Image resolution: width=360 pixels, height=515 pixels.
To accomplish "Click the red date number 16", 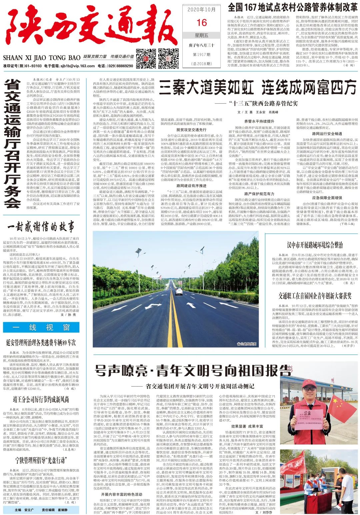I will tap(202, 22).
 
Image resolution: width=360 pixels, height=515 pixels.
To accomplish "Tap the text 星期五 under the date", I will tap(202, 35).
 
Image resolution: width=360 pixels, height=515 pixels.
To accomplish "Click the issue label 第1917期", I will tap(202, 54).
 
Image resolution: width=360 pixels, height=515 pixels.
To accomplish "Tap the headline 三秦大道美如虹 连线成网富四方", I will tap(257, 88).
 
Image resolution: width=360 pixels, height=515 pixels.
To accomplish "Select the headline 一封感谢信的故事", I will tap(41, 227).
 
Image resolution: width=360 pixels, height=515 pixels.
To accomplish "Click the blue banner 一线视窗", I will tap(41, 327).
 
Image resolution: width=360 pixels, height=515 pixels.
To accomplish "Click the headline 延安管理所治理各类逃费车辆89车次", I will tap(41, 343).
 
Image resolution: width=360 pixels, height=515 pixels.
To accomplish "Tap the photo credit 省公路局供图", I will tap(246, 344).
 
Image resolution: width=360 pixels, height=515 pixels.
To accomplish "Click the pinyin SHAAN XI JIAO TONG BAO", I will tap(42, 57).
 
